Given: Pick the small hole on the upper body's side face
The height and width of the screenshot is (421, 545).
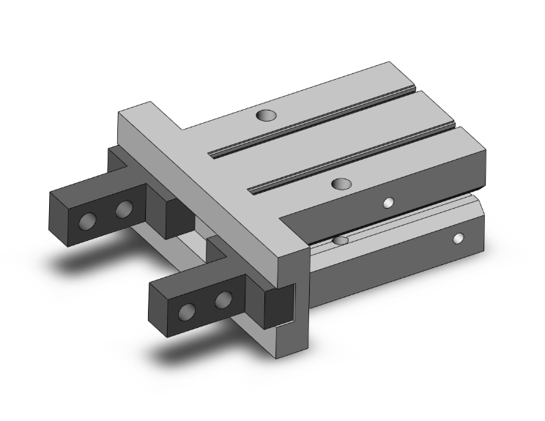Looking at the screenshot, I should (x=389, y=203).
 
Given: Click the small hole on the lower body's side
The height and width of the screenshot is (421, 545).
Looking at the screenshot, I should (x=458, y=238).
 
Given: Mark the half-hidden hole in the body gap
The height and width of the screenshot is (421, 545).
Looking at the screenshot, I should (x=340, y=240).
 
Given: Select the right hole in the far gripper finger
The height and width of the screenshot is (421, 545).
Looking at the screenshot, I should (x=124, y=211).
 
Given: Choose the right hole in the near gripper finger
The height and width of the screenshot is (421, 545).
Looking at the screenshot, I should (x=223, y=299).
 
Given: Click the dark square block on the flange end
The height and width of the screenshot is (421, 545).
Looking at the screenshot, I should (x=279, y=305).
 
